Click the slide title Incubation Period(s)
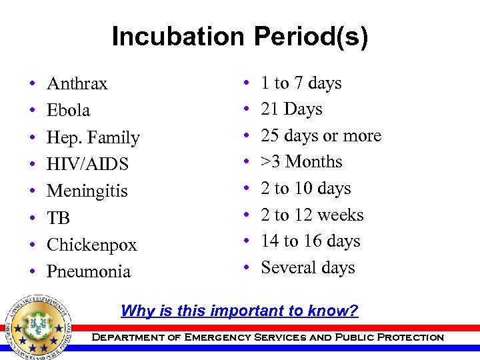coord(239,37)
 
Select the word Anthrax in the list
coord(77,84)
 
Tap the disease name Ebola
coord(68,111)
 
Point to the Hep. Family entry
coord(93,138)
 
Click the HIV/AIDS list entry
coord(87,165)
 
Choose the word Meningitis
coord(87,191)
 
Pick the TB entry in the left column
coord(58,219)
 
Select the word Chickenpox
coord(91,245)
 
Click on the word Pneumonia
coord(89,272)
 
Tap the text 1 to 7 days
coord(301,83)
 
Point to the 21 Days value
coord(291,109)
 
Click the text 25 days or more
coord(321,136)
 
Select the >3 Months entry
coord(301,162)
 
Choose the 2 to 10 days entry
coord(305,189)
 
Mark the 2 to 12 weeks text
coord(312,215)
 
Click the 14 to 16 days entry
coord(310,241)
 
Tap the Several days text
coord(307,268)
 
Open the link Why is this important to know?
coord(239,311)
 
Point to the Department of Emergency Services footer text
coord(267,337)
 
